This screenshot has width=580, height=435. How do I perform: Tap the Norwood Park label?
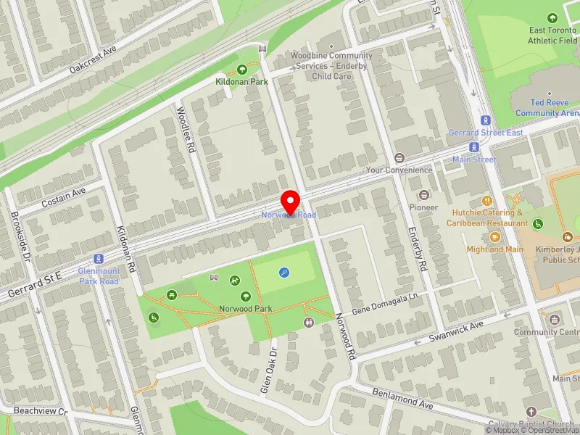click(x=246, y=308)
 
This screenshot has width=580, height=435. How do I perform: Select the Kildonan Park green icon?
click(x=242, y=70)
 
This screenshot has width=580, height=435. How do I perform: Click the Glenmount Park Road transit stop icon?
click(x=99, y=259)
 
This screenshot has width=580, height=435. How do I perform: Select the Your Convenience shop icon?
click(x=398, y=158)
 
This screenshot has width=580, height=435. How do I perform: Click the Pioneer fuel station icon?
click(x=423, y=194)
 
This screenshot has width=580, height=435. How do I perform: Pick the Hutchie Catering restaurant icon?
click(x=488, y=200)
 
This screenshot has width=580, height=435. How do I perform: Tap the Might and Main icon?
click(x=495, y=236)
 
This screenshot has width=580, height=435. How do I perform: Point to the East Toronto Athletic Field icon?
click(x=552, y=18)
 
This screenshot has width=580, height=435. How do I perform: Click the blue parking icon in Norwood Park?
click(x=283, y=273)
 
